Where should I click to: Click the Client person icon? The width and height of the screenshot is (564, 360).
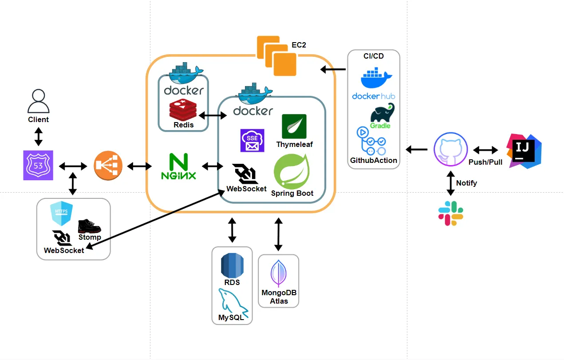point(38,102)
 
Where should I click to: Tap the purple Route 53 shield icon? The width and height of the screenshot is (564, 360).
point(38,165)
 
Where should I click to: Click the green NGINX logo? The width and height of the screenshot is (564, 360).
point(178,166)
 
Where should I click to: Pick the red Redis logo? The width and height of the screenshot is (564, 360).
point(183,110)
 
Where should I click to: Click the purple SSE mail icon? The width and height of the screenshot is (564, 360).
point(252,141)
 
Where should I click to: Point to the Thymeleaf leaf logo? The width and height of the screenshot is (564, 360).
point(294,127)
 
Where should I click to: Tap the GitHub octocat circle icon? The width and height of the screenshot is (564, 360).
point(450,150)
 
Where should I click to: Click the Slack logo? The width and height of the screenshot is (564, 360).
point(451,213)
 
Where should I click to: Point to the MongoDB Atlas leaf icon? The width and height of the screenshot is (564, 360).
point(278,273)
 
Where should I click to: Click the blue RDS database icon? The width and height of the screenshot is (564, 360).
point(232,265)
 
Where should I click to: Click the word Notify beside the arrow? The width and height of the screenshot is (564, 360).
point(466,183)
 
